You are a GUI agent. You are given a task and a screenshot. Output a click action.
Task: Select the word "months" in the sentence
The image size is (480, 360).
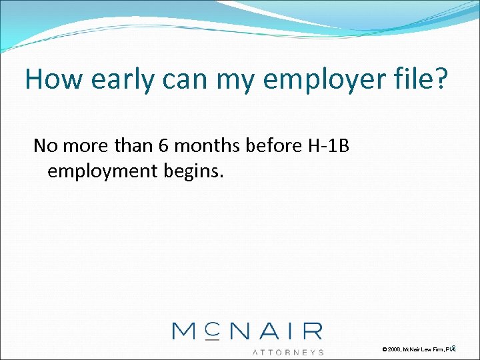(x=207, y=146)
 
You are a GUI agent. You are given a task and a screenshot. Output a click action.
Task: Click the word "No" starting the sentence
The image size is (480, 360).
(x=45, y=146)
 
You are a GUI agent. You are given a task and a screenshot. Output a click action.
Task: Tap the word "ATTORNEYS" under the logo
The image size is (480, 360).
(x=288, y=351)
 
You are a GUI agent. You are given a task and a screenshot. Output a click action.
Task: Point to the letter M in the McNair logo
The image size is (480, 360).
(x=185, y=331)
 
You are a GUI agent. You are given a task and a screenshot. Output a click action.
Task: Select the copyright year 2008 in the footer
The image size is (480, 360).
(x=394, y=349)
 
